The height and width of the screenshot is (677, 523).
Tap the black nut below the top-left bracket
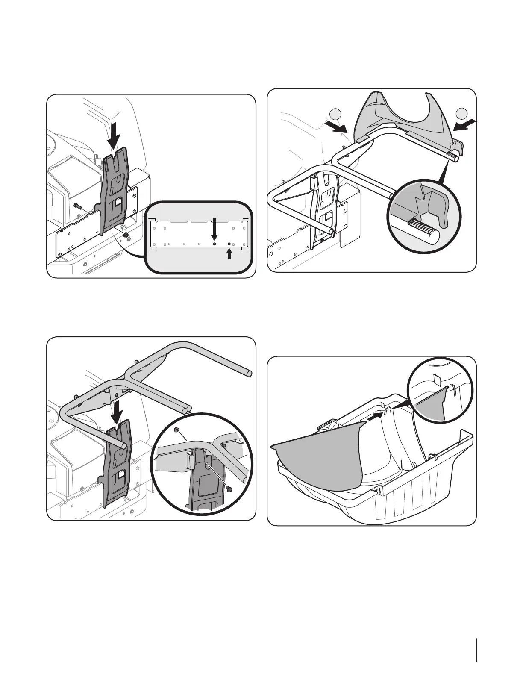126,235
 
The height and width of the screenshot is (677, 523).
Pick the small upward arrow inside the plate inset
229,254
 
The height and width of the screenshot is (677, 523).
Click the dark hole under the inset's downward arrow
215,244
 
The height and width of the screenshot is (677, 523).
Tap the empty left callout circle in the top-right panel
336,114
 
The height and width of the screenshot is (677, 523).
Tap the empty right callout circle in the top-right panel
461,114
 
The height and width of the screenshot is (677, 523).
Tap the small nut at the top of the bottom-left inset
176,430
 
